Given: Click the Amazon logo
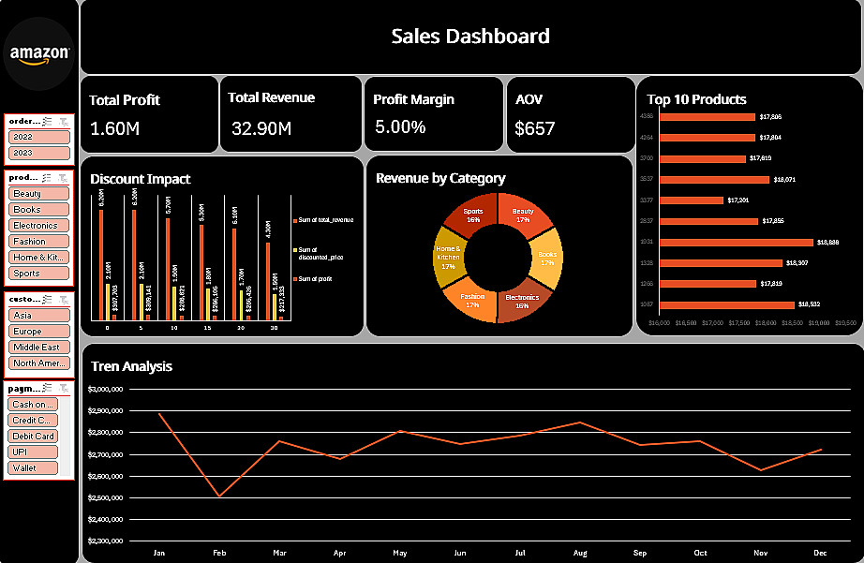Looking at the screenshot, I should [39, 55].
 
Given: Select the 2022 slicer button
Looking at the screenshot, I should [38, 137].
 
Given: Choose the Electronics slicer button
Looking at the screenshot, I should [38, 226].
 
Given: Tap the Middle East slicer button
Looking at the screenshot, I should [38, 348].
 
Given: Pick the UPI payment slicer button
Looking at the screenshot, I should [33, 452].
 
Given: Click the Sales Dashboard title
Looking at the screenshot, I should [469, 37].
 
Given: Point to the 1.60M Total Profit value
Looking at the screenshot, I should [114, 128].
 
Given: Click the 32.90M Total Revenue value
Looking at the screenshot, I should [261, 128].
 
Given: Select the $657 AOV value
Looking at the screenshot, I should [535, 128].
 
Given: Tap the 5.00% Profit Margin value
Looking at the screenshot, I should [400, 127].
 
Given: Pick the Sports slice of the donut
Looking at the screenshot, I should [473, 215].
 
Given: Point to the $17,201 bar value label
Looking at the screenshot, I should [737, 200].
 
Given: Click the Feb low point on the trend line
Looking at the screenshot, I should [219, 496].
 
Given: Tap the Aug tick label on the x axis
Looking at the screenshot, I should [580, 554].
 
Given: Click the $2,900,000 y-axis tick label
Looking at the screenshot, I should [105, 411].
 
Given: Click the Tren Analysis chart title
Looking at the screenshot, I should [131, 366].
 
